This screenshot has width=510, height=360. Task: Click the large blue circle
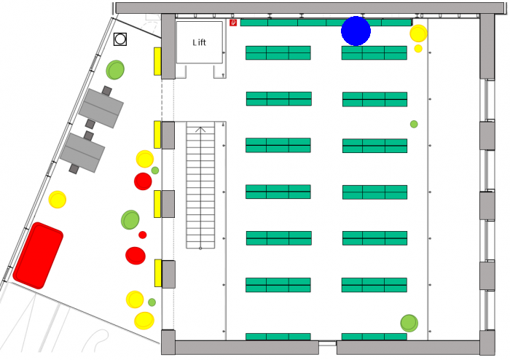click(x=356, y=31)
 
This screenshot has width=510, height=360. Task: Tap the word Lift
click(x=199, y=42)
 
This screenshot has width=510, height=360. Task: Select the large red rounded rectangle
click(x=38, y=256)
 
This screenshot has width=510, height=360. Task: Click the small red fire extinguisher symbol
click(x=233, y=23)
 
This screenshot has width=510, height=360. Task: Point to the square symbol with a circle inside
click(x=120, y=39)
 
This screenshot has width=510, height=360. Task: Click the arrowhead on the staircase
click(x=200, y=129)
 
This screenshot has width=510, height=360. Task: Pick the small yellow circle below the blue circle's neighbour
click(x=418, y=48)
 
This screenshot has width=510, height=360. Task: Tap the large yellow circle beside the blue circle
click(x=418, y=34)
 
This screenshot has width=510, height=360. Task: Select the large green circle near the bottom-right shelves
click(x=409, y=323)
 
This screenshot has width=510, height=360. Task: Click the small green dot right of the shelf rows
click(x=414, y=124)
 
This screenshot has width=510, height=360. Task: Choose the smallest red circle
click(x=143, y=235)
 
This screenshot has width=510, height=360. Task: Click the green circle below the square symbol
click(x=115, y=70)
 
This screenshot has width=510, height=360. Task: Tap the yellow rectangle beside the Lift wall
click(x=157, y=61)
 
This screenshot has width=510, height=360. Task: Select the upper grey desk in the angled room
click(x=101, y=107)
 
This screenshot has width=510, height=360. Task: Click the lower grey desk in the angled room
click(x=82, y=152)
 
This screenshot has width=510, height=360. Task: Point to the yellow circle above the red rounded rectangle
click(x=58, y=200)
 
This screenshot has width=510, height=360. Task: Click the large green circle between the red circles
click(x=130, y=219)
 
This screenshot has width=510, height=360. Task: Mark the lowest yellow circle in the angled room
click(x=144, y=321)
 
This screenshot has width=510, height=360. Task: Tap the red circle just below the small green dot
click(x=143, y=181)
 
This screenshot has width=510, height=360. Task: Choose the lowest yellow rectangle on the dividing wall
click(x=158, y=273)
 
